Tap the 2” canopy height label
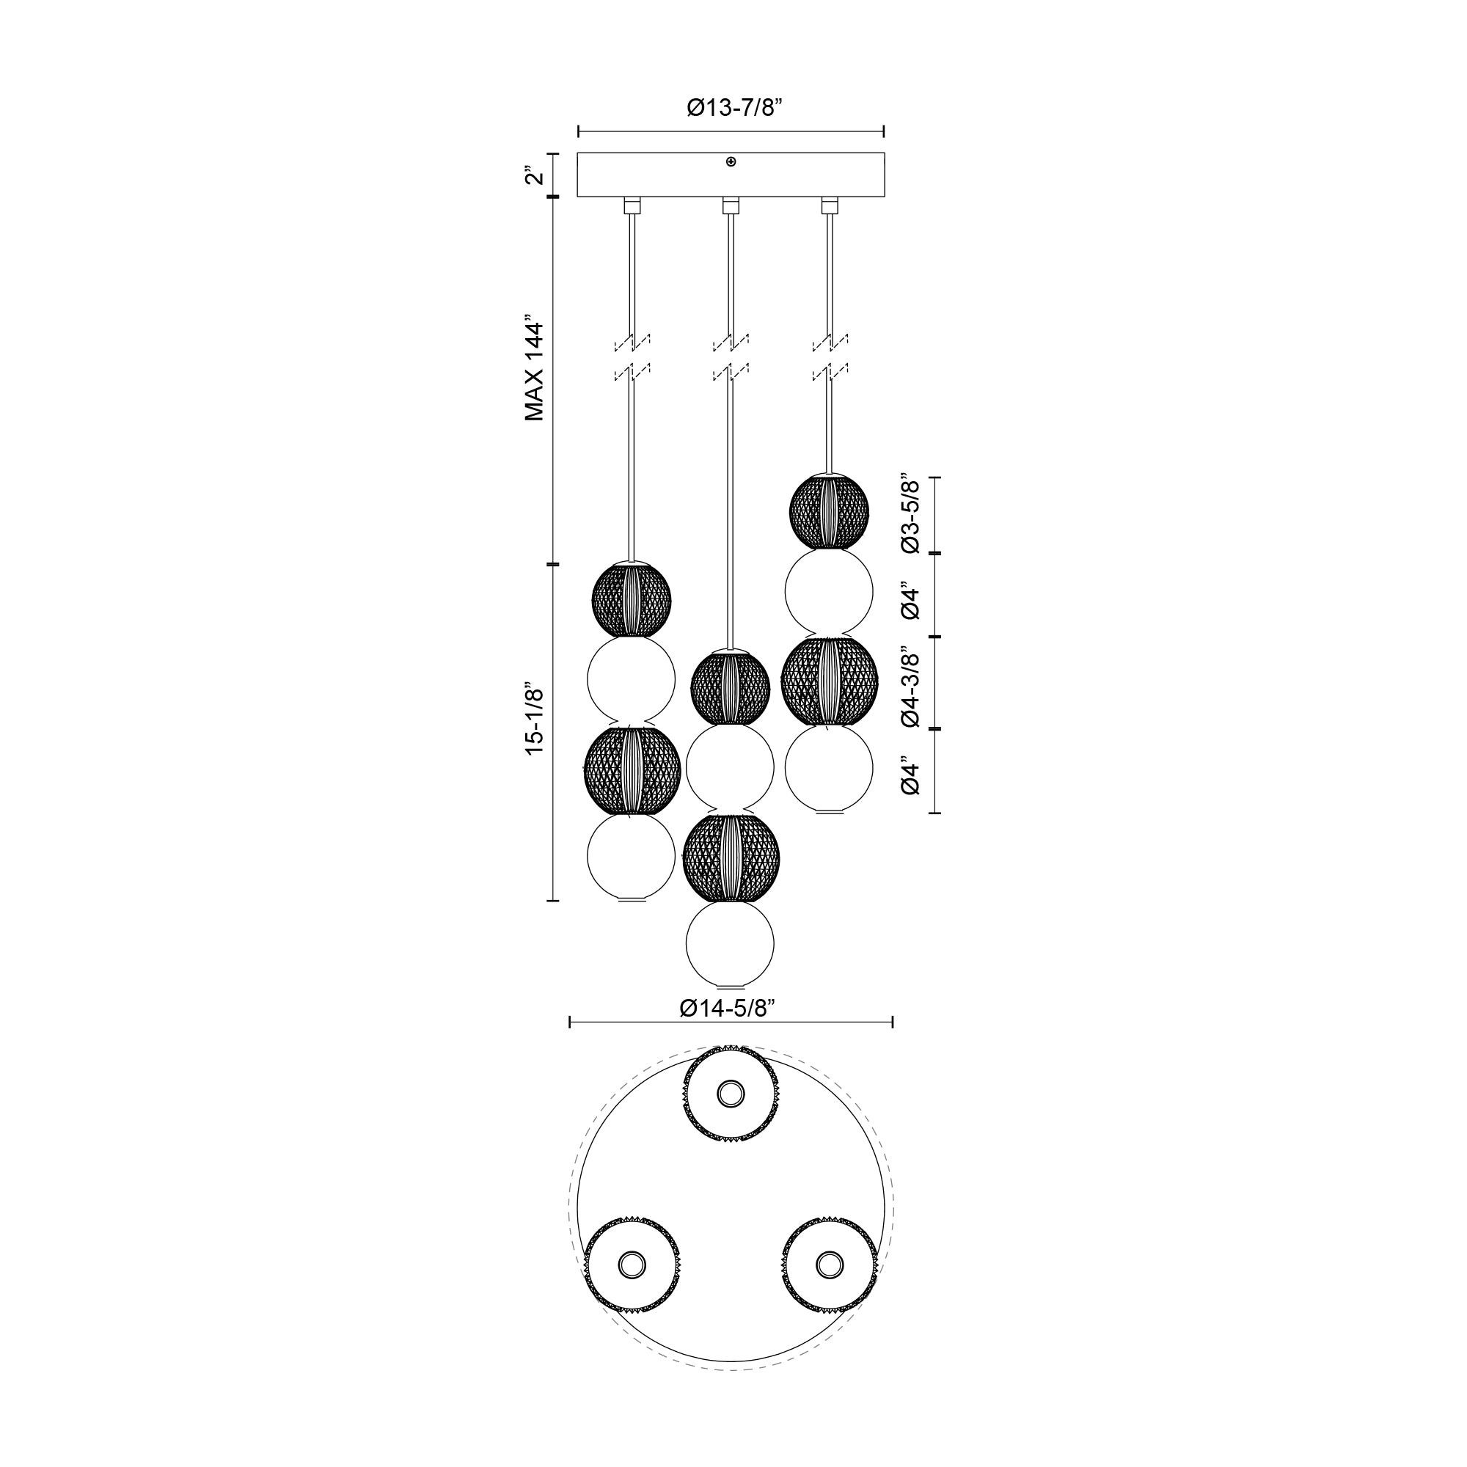(535, 176)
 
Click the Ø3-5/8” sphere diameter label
(910, 516)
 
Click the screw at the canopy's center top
(731, 161)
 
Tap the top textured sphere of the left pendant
(632, 599)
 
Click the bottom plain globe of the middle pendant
(730, 944)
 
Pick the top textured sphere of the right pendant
(829, 512)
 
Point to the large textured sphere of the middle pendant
(731, 857)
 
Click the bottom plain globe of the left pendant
(632, 858)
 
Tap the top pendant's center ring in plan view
(731, 1094)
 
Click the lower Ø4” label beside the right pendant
(910, 775)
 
